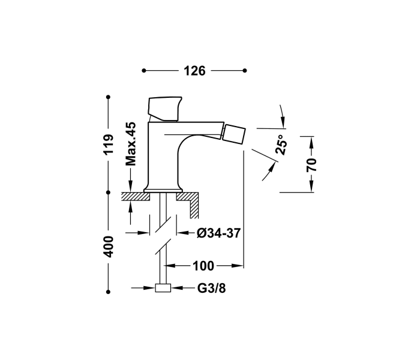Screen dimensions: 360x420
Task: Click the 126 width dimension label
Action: [194, 71]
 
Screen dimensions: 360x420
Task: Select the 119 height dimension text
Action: [109, 145]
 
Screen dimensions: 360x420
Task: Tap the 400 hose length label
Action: [109, 246]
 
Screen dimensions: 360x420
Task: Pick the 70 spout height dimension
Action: [312, 164]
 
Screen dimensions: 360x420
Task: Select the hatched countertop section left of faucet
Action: [133, 196]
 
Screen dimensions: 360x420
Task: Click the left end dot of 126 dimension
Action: [144, 71]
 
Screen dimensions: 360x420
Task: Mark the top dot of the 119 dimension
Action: [109, 97]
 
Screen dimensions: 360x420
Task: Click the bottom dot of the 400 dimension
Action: [109, 289]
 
